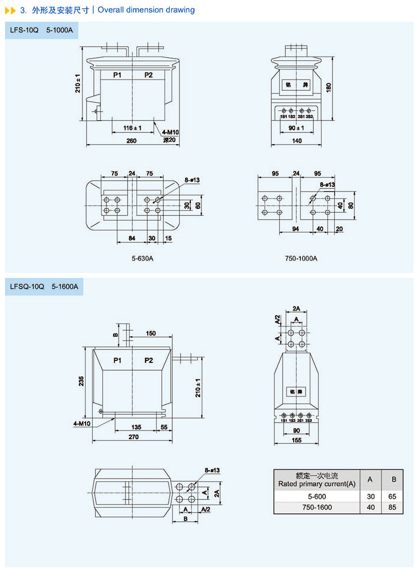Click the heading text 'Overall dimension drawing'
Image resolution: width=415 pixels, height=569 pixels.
coord(146,10)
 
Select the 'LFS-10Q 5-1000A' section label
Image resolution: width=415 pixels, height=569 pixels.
coord(41,30)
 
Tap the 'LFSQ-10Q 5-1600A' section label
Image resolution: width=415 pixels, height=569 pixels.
coord(44,286)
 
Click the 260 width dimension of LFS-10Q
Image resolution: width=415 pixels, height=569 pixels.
coord(131,140)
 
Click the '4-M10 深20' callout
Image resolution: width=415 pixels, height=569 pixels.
coord(169,136)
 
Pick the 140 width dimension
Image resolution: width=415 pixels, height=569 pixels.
coord(297,140)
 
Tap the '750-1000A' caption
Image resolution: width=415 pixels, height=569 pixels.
coord(301,258)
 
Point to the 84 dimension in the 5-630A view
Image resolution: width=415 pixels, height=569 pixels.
coord(132,238)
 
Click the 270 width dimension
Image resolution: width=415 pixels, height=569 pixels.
coord(133,438)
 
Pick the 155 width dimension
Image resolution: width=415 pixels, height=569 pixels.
coord(296,440)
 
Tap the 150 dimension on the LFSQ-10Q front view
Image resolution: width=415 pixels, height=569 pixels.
coord(150,333)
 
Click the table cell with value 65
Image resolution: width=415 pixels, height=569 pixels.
coord(393,496)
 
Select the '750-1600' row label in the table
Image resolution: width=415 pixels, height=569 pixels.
coord(316,507)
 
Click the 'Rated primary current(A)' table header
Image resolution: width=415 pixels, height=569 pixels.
coord(316,483)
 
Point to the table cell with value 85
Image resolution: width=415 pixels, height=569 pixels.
coord(393,507)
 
